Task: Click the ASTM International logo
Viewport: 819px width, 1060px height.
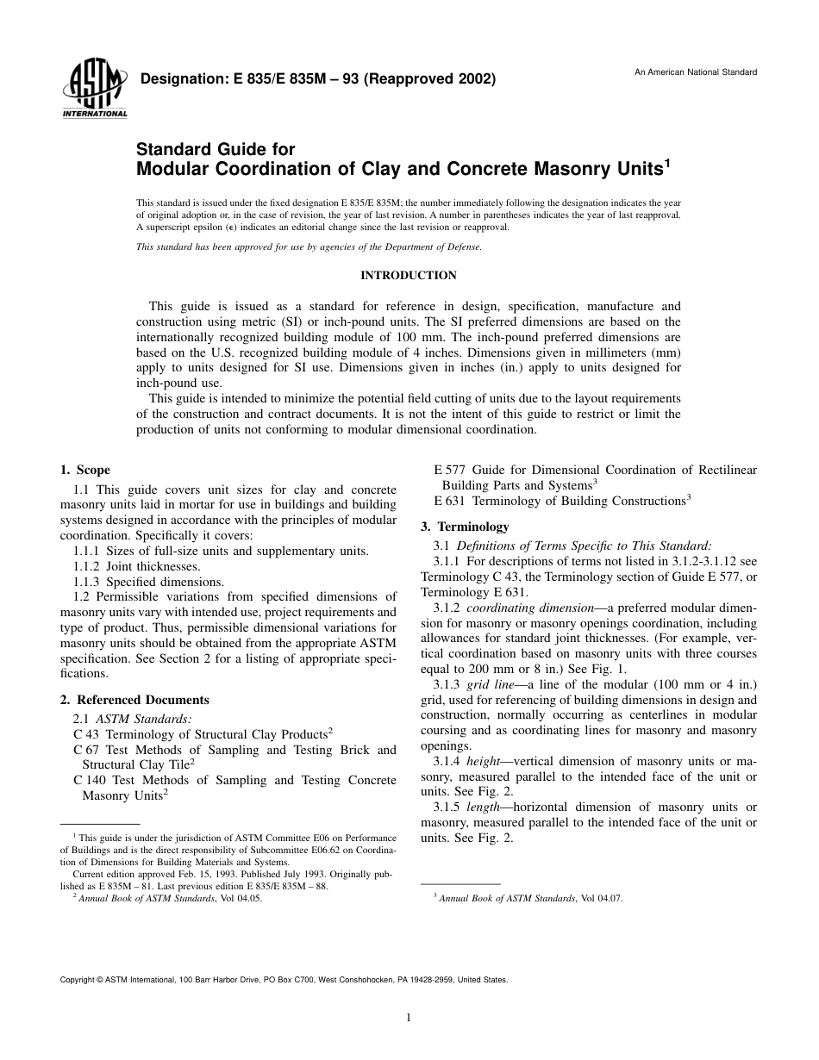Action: pyautogui.click(x=94, y=90)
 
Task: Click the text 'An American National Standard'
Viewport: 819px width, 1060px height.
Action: pyautogui.click(x=696, y=72)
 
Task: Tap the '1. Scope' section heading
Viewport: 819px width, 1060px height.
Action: pyautogui.click(x=85, y=471)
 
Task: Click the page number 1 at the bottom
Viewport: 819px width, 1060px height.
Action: pyautogui.click(x=409, y=1018)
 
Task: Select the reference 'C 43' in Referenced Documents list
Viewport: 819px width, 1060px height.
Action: pyautogui.click(x=84, y=733)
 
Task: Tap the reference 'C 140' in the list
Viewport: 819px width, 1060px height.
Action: pyautogui.click(x=88, y=780)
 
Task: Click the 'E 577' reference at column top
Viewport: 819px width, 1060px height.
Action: pyautogui.click(x=449, y=470)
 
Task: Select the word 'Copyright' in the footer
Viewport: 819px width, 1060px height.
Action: pyautogui.click(x=78, y=980)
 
